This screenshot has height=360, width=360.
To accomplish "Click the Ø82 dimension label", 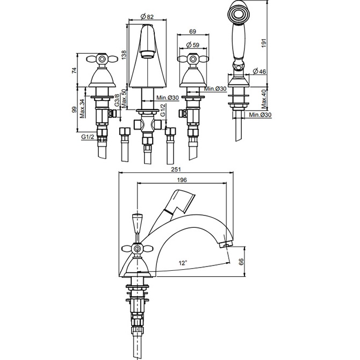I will [x=148, y=17].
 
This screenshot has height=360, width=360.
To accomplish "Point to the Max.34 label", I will [x=82, y=109].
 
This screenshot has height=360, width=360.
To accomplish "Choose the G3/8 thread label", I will [x=117, y=100].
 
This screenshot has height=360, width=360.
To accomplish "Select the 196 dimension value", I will [x=183, y=181].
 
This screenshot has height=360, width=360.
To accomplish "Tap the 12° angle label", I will [x=183, y=263].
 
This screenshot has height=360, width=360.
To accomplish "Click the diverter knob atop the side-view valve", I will [x=136, y=221].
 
